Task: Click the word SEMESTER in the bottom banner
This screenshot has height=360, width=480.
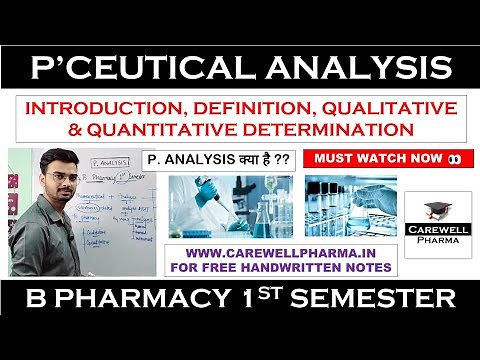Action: (x=376, y=298)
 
